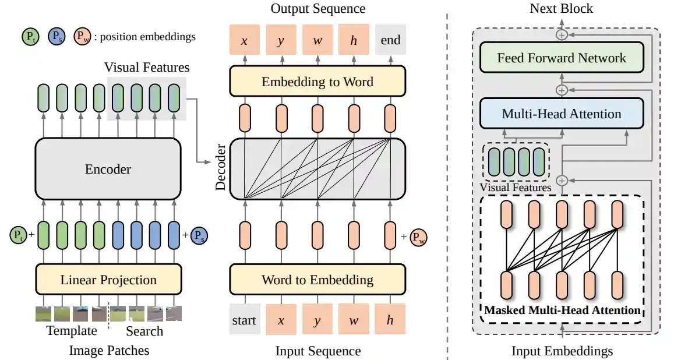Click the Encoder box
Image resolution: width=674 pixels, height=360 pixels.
[108, 170]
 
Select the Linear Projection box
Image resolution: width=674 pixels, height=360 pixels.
[108, 280]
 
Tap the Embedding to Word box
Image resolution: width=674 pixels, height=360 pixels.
[317, 82]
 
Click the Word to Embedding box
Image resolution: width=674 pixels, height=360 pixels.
[317, 280]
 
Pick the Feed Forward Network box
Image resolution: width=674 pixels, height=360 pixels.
[562, 58]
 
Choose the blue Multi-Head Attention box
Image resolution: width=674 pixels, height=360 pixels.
[562, 114]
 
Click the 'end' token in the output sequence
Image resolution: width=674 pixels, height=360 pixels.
[390, 40]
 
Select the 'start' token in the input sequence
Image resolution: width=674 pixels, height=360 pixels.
[244, 320]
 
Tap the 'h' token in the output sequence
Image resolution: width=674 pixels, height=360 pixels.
[354, 40]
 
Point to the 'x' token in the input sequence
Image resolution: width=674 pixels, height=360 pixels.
[281, 320]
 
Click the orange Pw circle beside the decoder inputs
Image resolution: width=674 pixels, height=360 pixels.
[418, 237]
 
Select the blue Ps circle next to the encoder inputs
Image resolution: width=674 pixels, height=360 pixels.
[199, 235]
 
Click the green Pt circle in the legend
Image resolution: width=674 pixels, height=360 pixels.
[30, 37]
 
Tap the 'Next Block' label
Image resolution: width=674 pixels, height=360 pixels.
[562, 9]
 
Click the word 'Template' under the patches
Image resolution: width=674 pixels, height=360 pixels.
[72, 331]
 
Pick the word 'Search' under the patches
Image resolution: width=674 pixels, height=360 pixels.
[144, 331]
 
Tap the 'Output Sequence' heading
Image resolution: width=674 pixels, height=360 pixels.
[318, 9]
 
